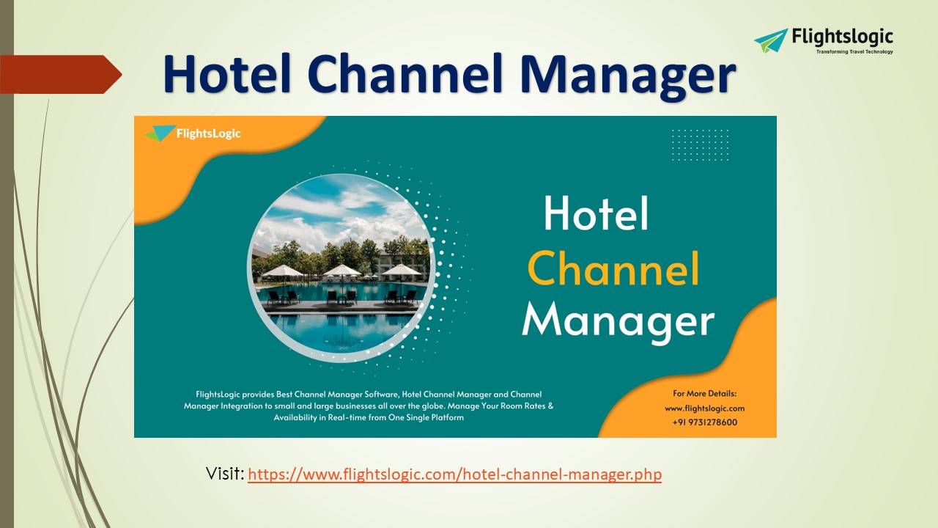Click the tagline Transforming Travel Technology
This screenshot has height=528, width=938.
[854, 51]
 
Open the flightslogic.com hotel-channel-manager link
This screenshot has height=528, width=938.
[454, 474]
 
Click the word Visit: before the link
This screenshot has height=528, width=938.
[225, 474]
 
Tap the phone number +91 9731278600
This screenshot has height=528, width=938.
[704, 422]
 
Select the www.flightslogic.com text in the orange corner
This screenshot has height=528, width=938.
[704, 408]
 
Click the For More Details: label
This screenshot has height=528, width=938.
[704, 393]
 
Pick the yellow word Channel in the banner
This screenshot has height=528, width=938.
[613, 268]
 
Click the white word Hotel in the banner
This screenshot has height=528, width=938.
[596, 214]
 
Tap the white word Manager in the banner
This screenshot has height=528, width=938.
[617, 321]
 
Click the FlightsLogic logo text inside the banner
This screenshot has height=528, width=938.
[208, 133]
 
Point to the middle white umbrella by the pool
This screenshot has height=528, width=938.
[341, 271]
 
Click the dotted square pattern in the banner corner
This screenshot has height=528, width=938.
[700, 144]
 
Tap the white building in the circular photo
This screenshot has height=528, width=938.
[402, 261]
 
